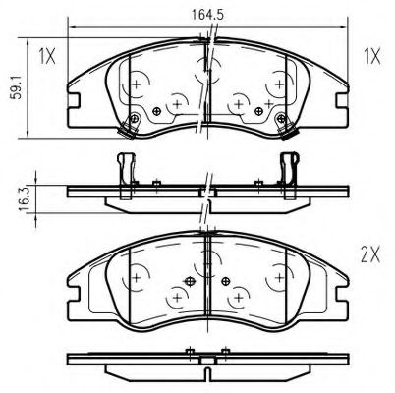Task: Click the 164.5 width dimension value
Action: pyautogui.click(x=207, y=15)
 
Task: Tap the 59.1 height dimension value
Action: pyautogui.click(x=16, y=86)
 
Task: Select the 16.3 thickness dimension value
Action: pyautogui.click(x=25, y=198)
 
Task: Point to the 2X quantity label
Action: pyautogui.click(x=370, y=255)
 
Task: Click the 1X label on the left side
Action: pyautogui.click(x=47, y=56)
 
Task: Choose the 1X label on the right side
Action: pyautogui.click(x=372, y=56)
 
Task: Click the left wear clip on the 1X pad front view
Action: pyautogui.click(x=129, y=126)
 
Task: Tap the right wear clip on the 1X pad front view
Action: pyautogui.click(x=285, y=127)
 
